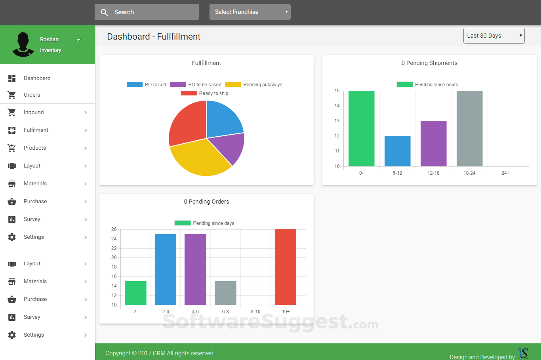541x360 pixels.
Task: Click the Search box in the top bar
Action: [147, 12]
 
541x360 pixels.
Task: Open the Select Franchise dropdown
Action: [250, 12]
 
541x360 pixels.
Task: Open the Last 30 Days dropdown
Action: [494, 36]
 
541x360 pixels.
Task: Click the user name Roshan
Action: [50, 39]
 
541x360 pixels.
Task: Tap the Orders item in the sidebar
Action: [32, 95]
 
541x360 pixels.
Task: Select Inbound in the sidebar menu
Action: [34, 112]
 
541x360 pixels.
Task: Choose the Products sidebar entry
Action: [35, 148]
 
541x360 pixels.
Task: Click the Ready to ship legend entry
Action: [205, 93]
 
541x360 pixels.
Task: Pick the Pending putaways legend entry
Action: [254, 85]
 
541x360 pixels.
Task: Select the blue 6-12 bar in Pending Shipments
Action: [397, 151]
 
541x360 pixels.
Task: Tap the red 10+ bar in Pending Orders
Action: [285, 267]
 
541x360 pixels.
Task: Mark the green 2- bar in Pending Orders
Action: [135, 293]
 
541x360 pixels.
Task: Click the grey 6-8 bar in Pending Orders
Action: [225, 293]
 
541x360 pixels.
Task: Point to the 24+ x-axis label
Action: [505, 173]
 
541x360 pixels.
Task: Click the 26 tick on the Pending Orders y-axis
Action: [114, 229]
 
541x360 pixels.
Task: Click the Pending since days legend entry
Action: [205, 223]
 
